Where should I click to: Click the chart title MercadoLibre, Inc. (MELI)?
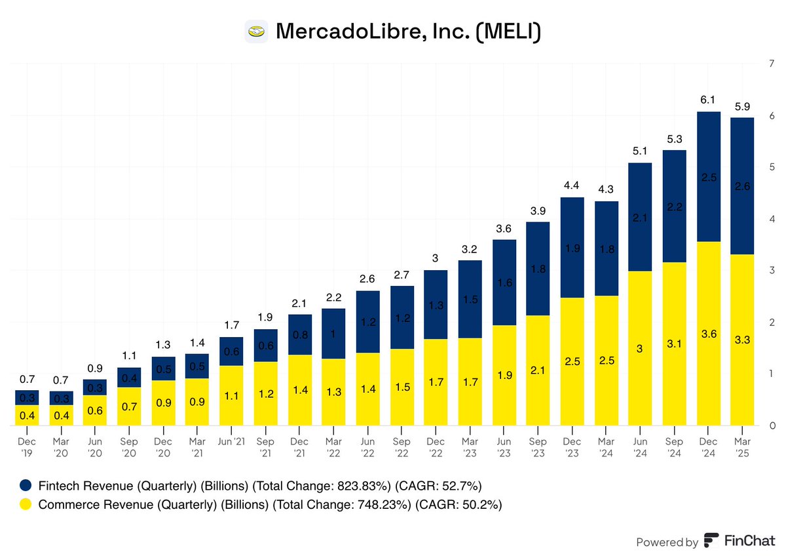[408, 31]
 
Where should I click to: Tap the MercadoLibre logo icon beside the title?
[255, 31]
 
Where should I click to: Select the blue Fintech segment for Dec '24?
[709, 177]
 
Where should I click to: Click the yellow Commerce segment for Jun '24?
[641, 349]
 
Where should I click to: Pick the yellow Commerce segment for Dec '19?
[27, 416]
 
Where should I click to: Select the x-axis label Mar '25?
[743, 448]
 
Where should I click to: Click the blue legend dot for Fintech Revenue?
[26, 486]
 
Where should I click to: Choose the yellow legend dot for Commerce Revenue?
[26, 504]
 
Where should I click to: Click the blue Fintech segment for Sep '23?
[538, 269]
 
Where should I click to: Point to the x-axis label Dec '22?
[436, 448]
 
